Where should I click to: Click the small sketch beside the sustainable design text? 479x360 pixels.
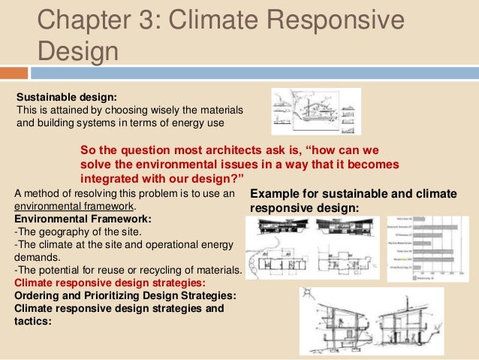pyautogui.click(x=315, y=111)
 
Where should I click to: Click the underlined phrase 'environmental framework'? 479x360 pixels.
pyautogui.click(x=74, y=206)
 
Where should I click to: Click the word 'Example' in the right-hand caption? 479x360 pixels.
pyautogui.click(x=276, y=193)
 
